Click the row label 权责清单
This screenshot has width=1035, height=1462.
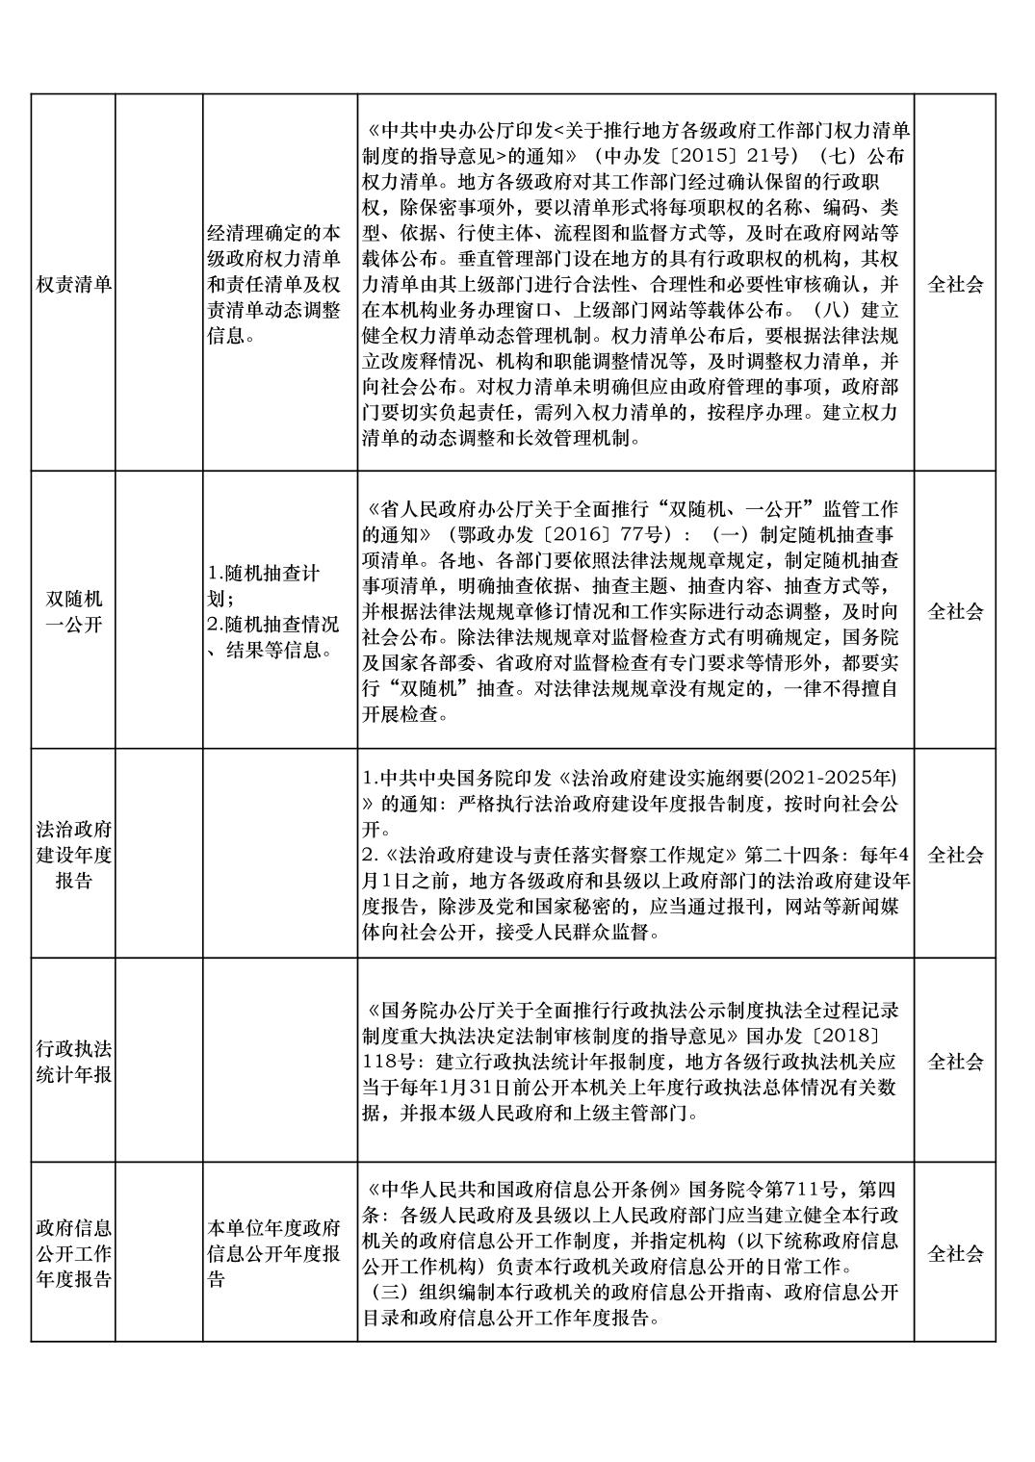pyautogui.click(x=73, y=285)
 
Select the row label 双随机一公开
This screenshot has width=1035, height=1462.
pyautogui.click(x=73, y=611)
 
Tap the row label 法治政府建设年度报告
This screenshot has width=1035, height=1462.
pyautogui.click(x=73, y=854)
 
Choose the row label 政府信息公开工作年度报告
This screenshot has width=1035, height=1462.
pyautogui.click(x=73, y=1253)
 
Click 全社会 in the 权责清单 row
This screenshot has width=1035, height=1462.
pyautogui.click(x=954, y=285)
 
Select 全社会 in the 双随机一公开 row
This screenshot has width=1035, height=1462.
pyautogui.click(x=954, y=611)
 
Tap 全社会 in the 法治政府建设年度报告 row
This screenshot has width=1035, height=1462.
pyautogui.click(x=954, y=854)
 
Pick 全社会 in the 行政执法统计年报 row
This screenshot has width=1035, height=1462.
pyautogui.click(x=954, y=1062)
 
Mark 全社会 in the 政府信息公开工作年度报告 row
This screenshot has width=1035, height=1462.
pyautogui.click(x=954, y=1253)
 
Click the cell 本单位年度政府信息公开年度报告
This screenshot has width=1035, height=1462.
pyautogui.click(x=274, y=1253)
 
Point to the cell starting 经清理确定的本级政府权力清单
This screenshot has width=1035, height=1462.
pyautogui.click(x=274, y=285)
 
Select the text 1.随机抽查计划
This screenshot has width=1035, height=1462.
pyautogui.click(x=264, y=585)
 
